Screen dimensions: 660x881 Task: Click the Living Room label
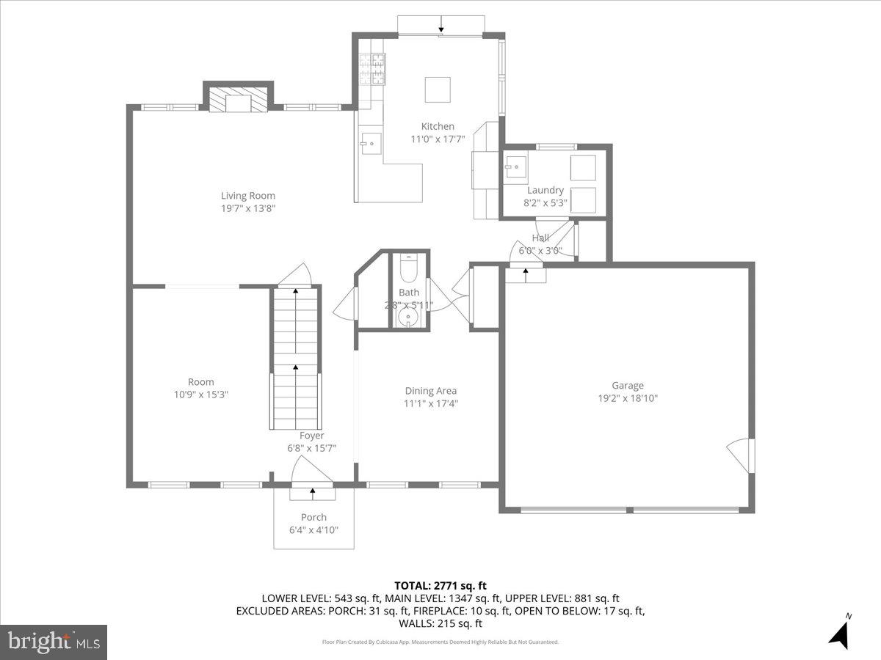point(248,196)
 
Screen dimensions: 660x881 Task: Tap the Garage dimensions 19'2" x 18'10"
point(628,398)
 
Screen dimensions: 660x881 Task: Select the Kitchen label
point(438,126)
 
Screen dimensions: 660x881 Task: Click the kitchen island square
point(438,90)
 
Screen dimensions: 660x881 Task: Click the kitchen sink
point(371,144)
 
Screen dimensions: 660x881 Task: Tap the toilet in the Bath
point(408,269)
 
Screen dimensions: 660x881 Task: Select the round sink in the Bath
point(408,318)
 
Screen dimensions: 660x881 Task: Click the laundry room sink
point(516,167)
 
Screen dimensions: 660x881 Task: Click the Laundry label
point(545,191)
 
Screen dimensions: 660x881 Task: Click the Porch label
point(313,518)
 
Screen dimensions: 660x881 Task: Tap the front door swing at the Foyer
point(312,469)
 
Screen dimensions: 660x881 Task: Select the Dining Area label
point(431,391)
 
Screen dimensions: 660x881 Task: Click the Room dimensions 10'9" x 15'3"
point(200,394)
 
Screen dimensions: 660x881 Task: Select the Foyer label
point(311,436)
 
